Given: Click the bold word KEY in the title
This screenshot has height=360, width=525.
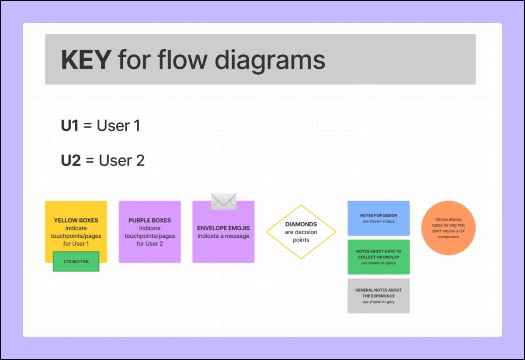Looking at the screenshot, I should tap(86, 60).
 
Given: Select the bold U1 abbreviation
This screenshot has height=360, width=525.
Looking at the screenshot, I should tap(70, 125).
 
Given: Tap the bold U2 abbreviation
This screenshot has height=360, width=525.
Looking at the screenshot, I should tap(71, 161).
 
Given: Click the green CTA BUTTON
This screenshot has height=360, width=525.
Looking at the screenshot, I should tap(76, 261).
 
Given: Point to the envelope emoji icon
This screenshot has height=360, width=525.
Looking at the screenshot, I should tap(224, 201).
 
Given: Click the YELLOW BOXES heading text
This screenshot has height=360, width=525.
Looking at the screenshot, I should tap(76, 220).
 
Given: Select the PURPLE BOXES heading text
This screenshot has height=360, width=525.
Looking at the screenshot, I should tap(150, 220).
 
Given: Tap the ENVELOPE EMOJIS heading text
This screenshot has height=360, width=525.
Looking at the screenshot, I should tap(223, 228).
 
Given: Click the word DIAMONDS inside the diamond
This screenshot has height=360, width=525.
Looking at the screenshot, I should tap(301, 224).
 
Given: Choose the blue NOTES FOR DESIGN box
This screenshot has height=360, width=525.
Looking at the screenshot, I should tap(379, 218).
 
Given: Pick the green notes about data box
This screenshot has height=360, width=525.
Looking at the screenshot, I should tap(379, 257).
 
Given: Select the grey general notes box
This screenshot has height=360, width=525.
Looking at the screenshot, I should tap(379, 296).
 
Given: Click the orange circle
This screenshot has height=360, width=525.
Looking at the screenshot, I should tap(448, 228).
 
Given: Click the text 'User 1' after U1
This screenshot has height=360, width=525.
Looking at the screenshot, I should tap(118, 125).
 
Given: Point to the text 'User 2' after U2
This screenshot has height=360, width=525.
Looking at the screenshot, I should tap(122, 161).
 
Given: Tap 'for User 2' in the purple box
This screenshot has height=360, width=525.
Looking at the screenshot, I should tap(150, 244).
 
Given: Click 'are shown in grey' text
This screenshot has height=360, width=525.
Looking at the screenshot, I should tap(379, 302).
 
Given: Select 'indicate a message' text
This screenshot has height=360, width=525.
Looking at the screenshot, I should tap(223, 236).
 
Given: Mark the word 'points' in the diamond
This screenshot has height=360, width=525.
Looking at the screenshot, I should tap(301, 240).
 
